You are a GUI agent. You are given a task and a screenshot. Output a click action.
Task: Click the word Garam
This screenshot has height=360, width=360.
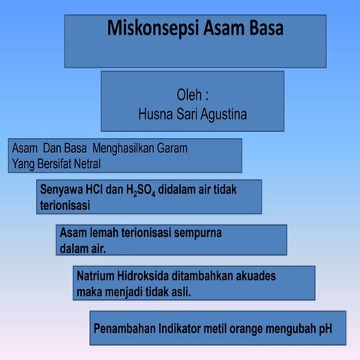171,148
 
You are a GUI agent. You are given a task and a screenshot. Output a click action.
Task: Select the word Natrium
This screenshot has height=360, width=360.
97,275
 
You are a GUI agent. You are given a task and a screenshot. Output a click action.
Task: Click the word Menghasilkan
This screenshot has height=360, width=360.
111,148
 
